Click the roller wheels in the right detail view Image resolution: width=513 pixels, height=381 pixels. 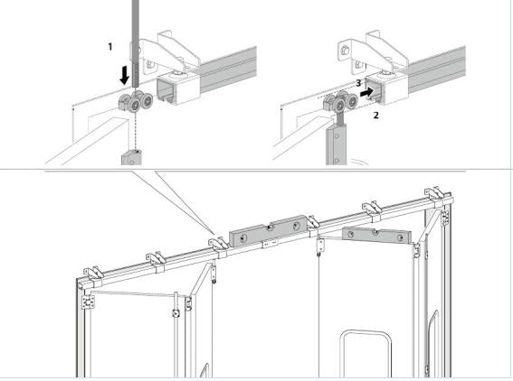(x=339, y=103)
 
